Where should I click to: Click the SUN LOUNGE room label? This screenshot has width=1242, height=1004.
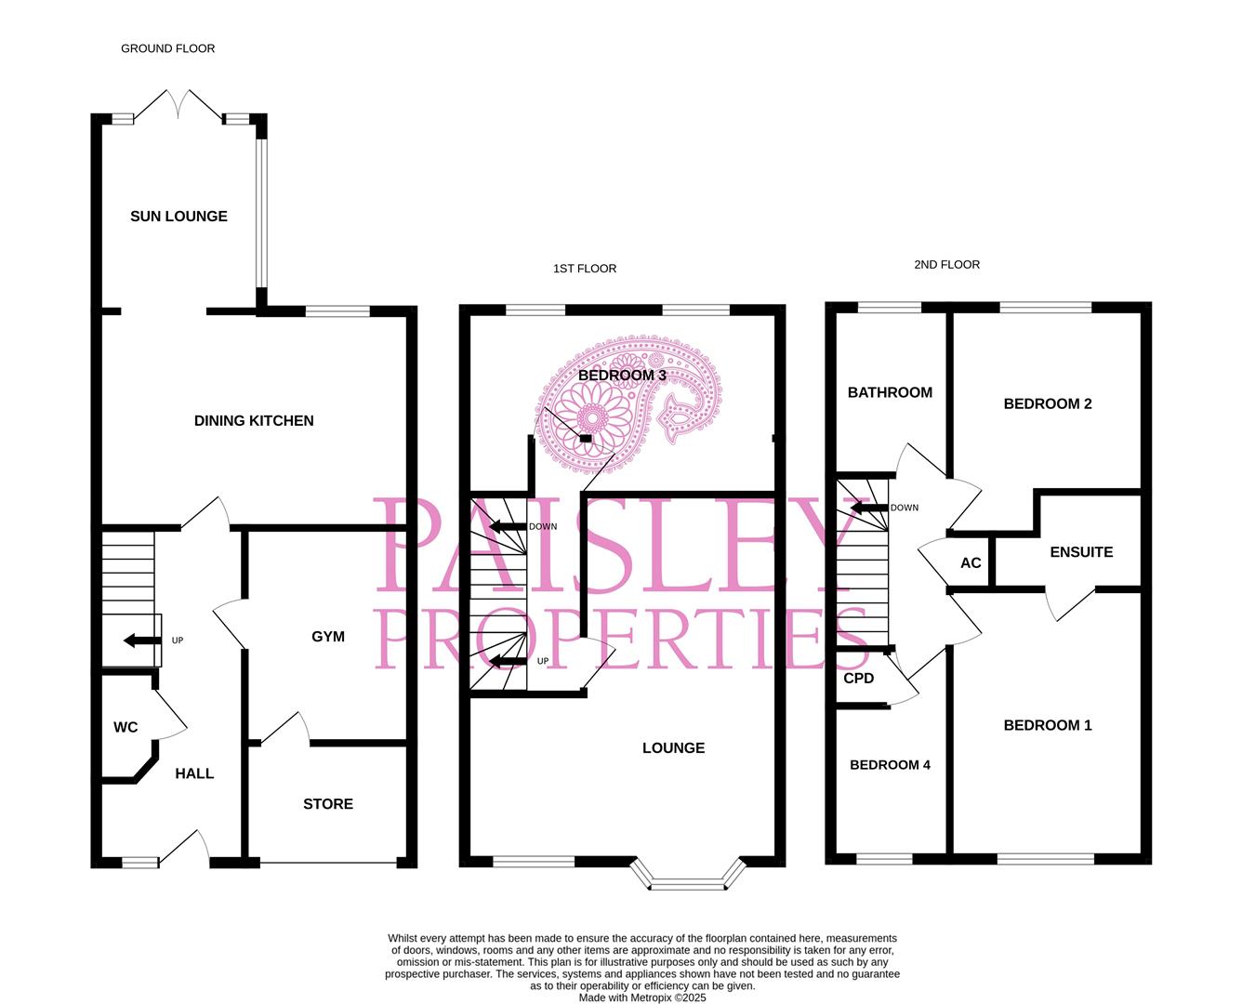(178, 217)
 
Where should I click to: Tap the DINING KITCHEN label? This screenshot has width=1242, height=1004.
(254, 421)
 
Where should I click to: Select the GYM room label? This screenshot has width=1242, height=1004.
(328, 637)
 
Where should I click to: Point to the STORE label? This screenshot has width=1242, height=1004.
(328, 804)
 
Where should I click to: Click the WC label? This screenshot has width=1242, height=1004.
(126, 727)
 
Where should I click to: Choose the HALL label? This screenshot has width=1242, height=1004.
(194, 773)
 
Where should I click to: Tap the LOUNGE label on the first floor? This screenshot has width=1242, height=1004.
(673, 748)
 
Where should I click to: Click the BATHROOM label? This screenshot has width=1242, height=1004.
(890, 393)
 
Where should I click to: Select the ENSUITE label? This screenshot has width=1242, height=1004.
(1081, 552)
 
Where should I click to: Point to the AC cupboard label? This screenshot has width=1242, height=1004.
(971, 563)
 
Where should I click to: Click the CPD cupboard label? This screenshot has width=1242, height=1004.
(859, 679)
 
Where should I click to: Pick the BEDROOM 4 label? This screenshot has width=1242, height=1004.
(890, 765)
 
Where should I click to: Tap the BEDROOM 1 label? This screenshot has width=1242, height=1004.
(1048, 726)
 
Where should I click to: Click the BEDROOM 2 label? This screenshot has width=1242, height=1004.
(1048, 404)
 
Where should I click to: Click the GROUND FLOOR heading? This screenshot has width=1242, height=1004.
(168, 48)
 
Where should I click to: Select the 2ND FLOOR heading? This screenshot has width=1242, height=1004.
(946, 265)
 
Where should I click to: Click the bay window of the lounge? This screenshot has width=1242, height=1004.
(689, 878)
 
